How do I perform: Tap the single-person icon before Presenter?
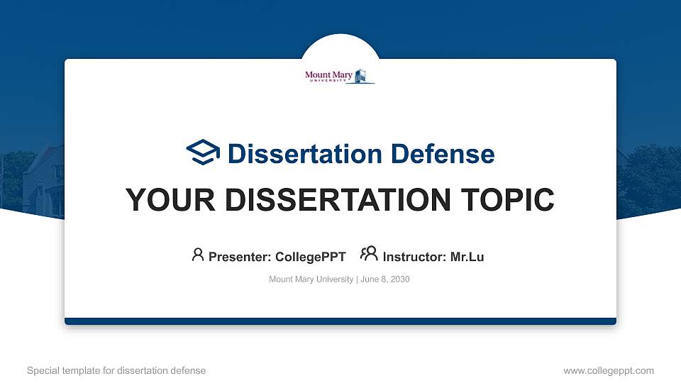[x=198, y=255]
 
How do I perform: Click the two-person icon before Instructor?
[x=369, y=255]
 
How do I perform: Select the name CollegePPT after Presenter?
[x=310, y=257]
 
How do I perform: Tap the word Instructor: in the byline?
[x=414, y=257]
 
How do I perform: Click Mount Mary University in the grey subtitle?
[x=311, y=279]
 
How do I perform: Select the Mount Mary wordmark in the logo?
[x=328, y=76]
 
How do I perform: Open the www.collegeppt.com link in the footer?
[x=608, y=370]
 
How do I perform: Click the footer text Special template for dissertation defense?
[x=116, y=370]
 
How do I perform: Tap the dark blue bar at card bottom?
[x=340, y=321]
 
